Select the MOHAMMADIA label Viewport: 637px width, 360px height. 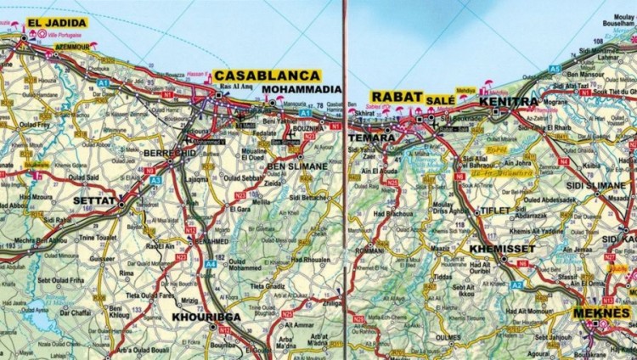click(302, 89)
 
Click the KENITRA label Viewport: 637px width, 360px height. click(509, 102)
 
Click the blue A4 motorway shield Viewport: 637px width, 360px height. click(209, 264)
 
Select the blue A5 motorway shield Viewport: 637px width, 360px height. click(554, 68)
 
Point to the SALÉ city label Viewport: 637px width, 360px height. click(440, 100)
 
